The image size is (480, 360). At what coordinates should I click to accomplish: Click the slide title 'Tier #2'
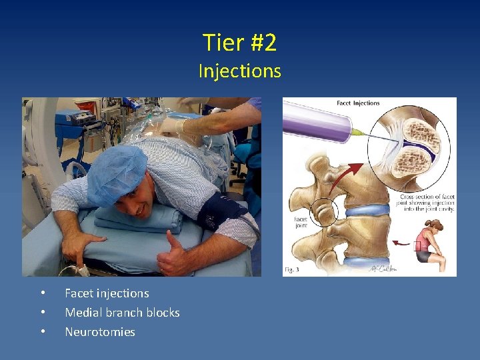coord(239,43)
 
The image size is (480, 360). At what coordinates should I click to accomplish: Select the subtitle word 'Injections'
coord(239,71)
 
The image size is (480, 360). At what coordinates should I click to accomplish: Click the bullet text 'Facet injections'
coord(107,293)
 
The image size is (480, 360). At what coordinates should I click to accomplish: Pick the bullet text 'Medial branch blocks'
coord(122,313)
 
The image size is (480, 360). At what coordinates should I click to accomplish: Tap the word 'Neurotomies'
coord(99,332)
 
